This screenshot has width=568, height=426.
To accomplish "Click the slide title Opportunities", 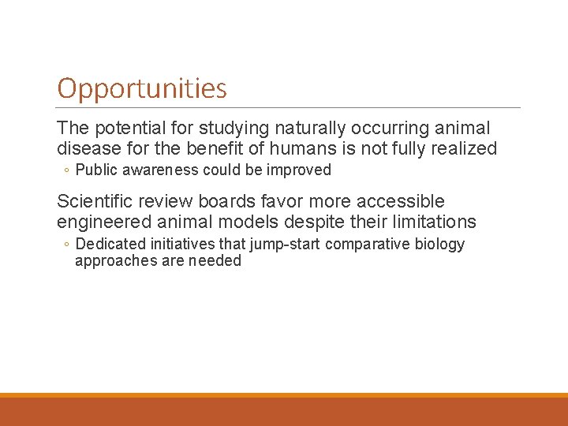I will (142, 88).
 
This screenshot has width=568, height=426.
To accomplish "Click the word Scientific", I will (95, 202).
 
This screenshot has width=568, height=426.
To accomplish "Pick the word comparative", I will (364, 245).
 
